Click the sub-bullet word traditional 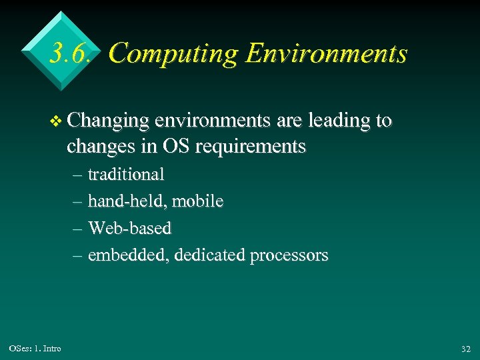(126, 175)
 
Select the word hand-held (127, 201)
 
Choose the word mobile (198, 201)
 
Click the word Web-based (130, 228)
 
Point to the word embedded (128, 255)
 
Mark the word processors (289, 256)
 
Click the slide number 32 (465, 349)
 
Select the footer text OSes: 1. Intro (35, 349)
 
